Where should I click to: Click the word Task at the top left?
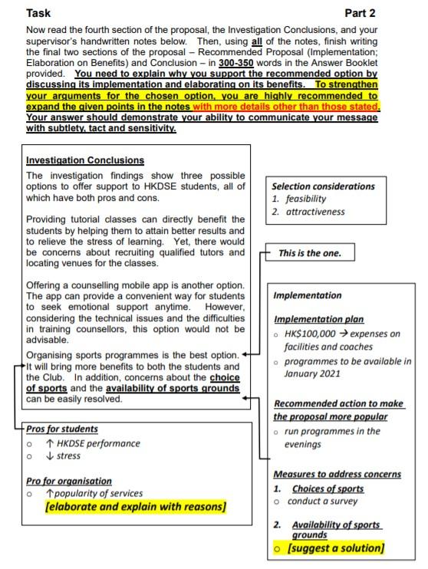(x=39, y=13)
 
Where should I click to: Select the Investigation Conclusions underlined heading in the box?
(x=84, y=160)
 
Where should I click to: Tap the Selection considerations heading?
(x=323, y=186)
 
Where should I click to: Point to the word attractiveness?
(x=318, y=212)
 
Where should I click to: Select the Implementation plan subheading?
(x=319, y=320)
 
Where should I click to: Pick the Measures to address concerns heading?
(x=328, y=475)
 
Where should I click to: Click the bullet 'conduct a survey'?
(x=324, y=501)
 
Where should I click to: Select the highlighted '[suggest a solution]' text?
(x=334, y=548)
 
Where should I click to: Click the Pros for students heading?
(x=62, y=429)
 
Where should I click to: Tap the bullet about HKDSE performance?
(x=94, y=443)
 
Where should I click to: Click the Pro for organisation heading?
(x=69, y=481)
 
